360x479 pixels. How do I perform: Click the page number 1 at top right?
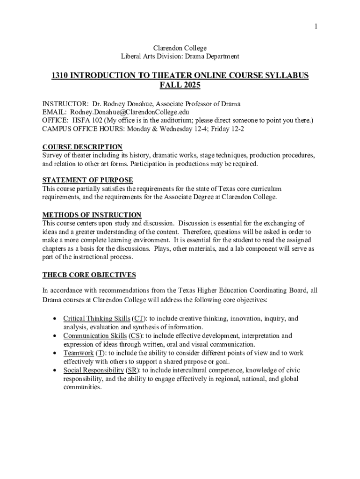tap(316, 27)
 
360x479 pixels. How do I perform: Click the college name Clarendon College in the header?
tap(180, 48)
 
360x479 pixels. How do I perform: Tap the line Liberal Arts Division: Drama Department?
tap(180, 57)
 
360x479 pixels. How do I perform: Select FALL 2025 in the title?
tap(180, 86)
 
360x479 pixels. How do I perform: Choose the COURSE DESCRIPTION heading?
tap(82, 147)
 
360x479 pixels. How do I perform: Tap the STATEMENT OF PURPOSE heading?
tap(88, 180)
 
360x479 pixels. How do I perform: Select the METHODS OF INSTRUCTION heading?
tap(92, 215)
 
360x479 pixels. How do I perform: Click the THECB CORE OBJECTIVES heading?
tap(89, 275)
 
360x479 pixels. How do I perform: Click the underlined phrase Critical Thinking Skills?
tap(97, 319)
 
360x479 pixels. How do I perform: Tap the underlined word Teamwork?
tap(79, 353)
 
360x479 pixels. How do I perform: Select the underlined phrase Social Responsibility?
tap(94, 370)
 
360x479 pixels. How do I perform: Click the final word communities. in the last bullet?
tap(82, 387)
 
